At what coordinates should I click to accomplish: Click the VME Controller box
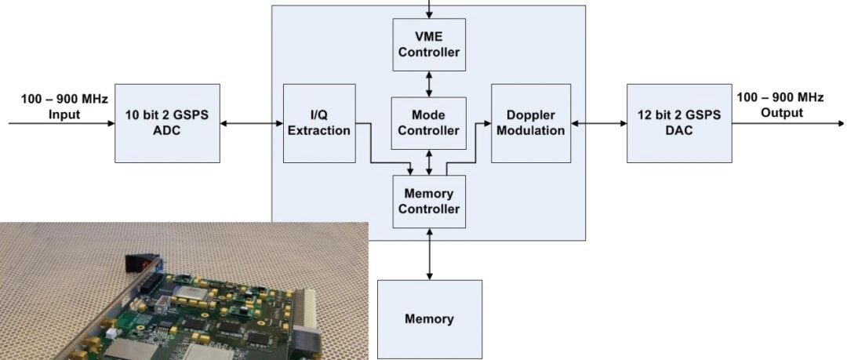click(429, 45)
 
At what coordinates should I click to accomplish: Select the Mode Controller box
click(429, 123)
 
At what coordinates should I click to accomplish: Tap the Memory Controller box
click(429, 202)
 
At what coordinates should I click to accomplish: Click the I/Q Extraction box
click(319, 123)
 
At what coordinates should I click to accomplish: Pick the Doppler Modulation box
click(531, 123)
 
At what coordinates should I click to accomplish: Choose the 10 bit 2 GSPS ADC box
click(168, 123)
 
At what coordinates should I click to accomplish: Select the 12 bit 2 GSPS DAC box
click(679, 123)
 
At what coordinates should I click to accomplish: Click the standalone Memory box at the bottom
click(430, 319)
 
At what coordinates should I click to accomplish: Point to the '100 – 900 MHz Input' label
click(64, 107)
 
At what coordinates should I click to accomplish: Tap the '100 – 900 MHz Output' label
click(780, 105)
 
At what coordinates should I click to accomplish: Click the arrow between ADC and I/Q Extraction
click(252, 123)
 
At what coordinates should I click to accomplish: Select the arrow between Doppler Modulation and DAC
click(599, 123)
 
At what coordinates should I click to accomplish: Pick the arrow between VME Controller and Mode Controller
click(430, 85)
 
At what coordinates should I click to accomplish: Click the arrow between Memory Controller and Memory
click(430, 254)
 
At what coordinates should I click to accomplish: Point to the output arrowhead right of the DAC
click(842, 123)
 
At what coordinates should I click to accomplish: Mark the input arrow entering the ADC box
click(62, 123)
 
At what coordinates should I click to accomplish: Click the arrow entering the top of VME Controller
click(430, 9)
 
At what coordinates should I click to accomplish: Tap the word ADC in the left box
click(168, 131)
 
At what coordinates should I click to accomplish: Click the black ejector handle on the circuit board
click(140, 263)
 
